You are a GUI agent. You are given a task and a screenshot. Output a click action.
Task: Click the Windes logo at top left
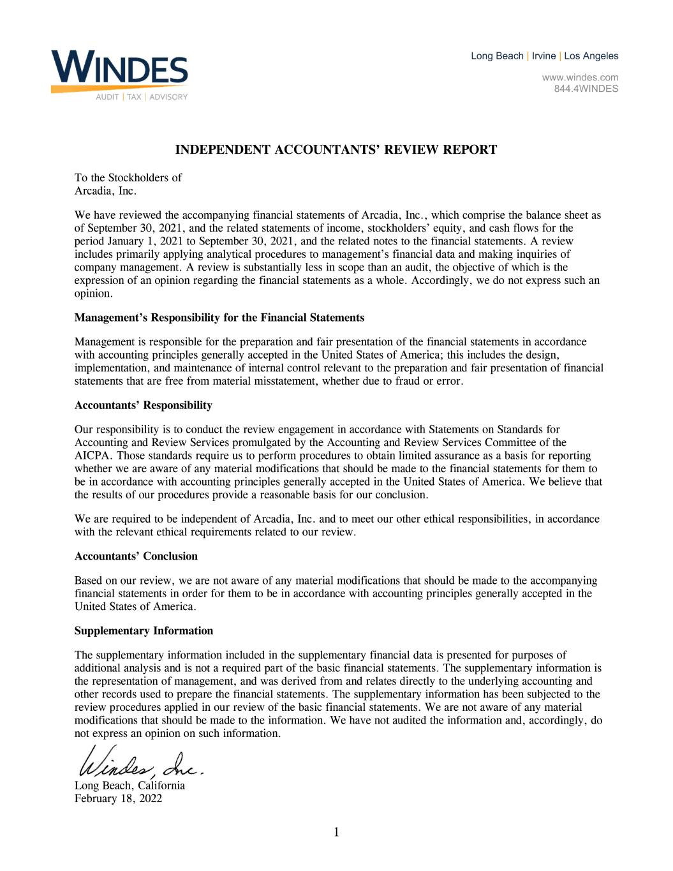click(119, 68)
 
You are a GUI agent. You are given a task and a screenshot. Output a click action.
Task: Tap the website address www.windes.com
click(580, 78)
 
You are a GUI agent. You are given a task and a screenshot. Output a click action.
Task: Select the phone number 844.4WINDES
click(585, 89)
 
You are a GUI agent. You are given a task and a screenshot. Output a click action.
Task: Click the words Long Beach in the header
click(497, 56)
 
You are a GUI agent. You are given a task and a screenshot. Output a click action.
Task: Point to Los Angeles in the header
click(591, 56)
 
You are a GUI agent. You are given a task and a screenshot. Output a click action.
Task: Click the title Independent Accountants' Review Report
click(336, 150)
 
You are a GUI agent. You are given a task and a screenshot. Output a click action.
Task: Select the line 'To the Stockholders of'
click(128, 177)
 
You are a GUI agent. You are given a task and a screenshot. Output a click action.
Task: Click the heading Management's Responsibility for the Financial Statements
click(219, 317)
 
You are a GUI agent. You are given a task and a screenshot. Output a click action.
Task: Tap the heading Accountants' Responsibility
click(144, 405)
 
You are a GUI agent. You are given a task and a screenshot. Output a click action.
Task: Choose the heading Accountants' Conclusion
click(136, 556)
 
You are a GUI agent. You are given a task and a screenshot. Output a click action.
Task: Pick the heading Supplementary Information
click(144, 630)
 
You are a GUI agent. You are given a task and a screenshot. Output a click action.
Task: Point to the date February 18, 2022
click(118, 798)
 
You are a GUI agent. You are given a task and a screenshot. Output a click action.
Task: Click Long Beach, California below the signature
click(129, 785)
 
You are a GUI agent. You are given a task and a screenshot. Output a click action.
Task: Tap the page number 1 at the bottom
click(336, 831)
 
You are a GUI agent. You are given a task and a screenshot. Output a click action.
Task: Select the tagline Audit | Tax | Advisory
click(142, 97)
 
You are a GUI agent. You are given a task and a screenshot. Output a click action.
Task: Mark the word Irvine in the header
click(544, 56)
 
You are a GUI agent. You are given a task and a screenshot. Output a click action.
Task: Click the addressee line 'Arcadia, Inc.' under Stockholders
click(105, 190)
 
